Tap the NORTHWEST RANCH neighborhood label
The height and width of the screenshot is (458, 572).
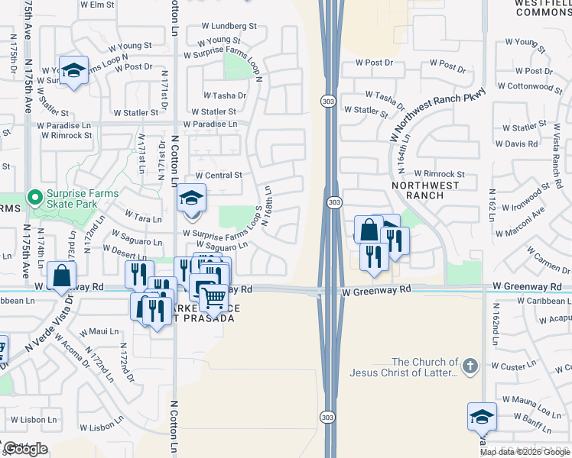426,190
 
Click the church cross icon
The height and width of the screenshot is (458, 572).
470,367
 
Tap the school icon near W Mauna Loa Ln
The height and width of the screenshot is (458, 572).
482,417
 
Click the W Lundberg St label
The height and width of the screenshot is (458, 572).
224,26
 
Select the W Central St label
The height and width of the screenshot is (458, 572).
219,175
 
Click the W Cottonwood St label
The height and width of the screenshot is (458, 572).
535,87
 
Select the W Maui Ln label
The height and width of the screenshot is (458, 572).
102,331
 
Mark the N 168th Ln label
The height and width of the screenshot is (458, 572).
268,207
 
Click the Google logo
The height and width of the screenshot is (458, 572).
26,449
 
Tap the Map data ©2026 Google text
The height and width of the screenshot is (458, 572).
525,452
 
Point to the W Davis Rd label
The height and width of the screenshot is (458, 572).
521,144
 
